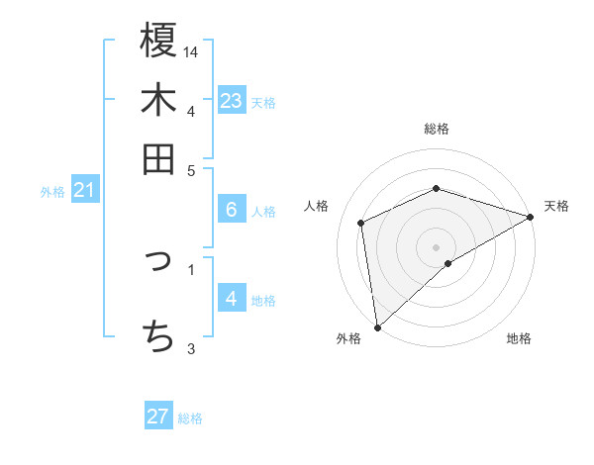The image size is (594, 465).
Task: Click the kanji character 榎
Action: (158, 42)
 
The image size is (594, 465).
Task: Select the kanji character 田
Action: (158, 158)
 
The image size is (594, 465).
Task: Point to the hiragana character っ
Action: (158, 261)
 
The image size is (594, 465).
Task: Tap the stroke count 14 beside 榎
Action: (191, 51)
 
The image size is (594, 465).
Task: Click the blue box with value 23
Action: (232, 101)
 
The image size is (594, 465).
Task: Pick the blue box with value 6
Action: (232, 210)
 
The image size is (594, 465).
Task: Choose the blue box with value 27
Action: (158, 417)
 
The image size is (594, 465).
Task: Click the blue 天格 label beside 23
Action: (263, 103)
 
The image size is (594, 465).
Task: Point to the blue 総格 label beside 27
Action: (190, 418)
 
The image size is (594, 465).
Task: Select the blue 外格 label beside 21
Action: (51, 192)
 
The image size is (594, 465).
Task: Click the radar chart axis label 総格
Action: (437, 129)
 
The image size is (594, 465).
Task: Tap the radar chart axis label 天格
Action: (556, 206)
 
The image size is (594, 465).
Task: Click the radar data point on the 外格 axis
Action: (377, 326)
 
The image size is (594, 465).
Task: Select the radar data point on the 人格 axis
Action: (361, 223)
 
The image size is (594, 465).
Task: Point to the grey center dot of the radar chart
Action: (437, 246)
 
